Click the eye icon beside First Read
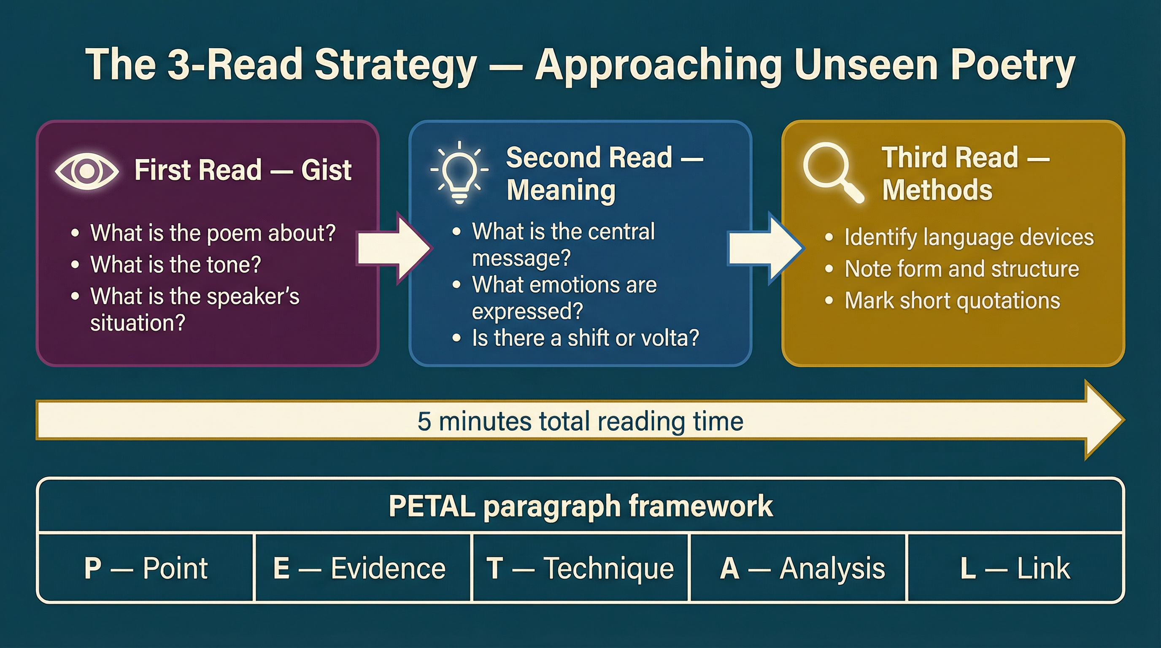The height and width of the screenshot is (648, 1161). click(x=87, y=170)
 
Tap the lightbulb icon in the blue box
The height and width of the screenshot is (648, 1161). click(x=459, y=172)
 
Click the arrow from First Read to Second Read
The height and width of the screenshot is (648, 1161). click(x=394, y=248)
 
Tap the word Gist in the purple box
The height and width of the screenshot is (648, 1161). click(x=326, y=170)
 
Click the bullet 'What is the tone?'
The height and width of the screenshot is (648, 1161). click(x=175, y=265)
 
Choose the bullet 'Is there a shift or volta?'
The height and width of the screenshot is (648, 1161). click(x=585, y=338)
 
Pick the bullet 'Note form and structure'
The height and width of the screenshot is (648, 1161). click(x=961, y=269)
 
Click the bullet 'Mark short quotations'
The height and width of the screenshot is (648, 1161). click(x=952, y=300)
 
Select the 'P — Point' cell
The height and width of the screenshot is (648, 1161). click(x=146, y=568)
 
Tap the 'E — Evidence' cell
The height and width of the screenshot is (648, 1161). click(x=359, y=568)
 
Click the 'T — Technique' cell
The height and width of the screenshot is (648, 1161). click(x=580, y=568)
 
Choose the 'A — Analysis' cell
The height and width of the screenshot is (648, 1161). click(x=802, y=568)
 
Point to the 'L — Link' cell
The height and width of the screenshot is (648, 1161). click(x=1015, y=568)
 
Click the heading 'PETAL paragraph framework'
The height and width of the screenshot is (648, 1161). click(x=580, y=506)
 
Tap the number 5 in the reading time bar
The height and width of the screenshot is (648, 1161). click(x=424, y=421)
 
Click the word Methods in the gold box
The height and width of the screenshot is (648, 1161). click(x=937, y=190)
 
